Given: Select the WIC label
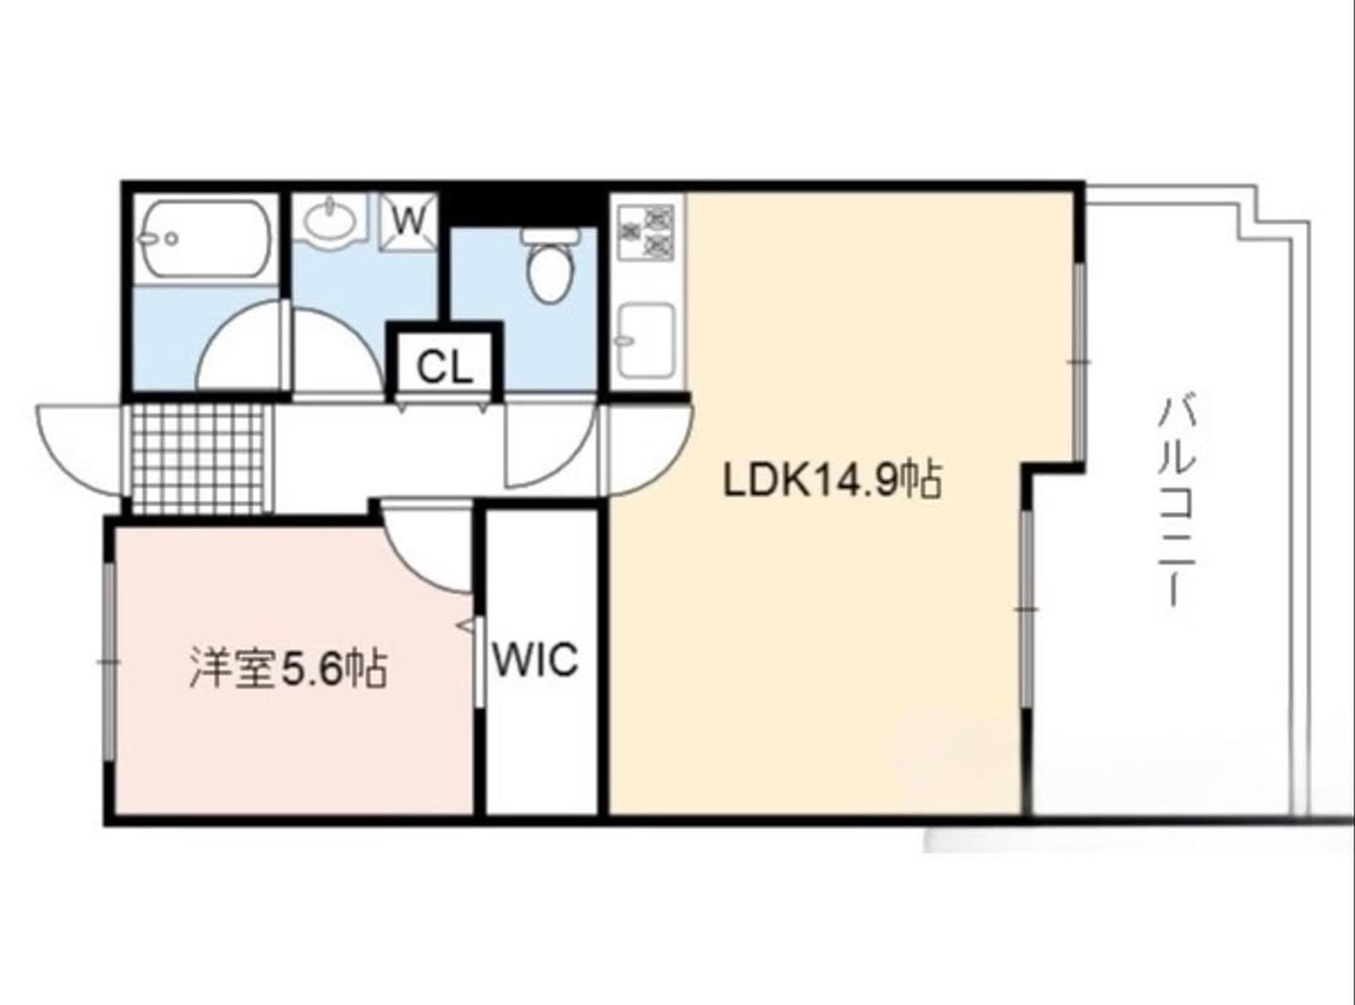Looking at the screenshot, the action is (535, 660).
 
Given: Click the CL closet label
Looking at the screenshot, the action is (445, 368).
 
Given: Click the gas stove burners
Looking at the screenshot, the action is (646, 232).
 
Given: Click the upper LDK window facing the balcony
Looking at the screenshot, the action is (1079, 362).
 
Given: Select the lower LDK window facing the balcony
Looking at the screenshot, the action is (1026, 609).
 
